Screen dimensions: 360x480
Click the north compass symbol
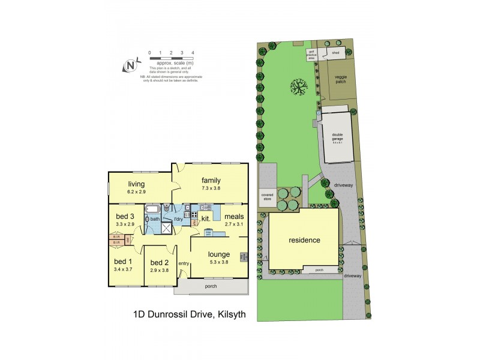tap(129, 66)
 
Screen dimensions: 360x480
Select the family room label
tap(211, 180)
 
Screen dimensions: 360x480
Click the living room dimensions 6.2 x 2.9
tap(137, 191)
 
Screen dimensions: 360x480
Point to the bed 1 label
tap(122, 262)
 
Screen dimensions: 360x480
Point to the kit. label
tap(205, 218)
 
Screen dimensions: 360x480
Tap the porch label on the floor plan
tap(211, 286)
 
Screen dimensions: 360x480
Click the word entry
tap(184, 263)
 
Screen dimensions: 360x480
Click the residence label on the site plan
tap(304, 240)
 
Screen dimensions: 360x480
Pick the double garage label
tap(337, 136)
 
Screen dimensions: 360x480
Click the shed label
tap(336, 53)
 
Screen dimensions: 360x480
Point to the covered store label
tap(267, 197)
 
